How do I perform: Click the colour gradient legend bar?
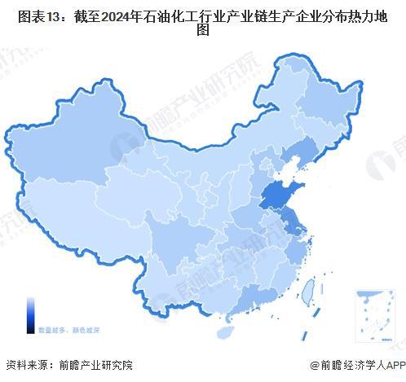(x=29, y=314)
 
